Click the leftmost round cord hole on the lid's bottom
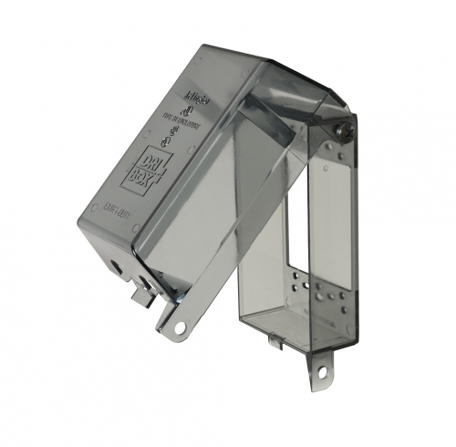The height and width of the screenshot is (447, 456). point(116,266)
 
